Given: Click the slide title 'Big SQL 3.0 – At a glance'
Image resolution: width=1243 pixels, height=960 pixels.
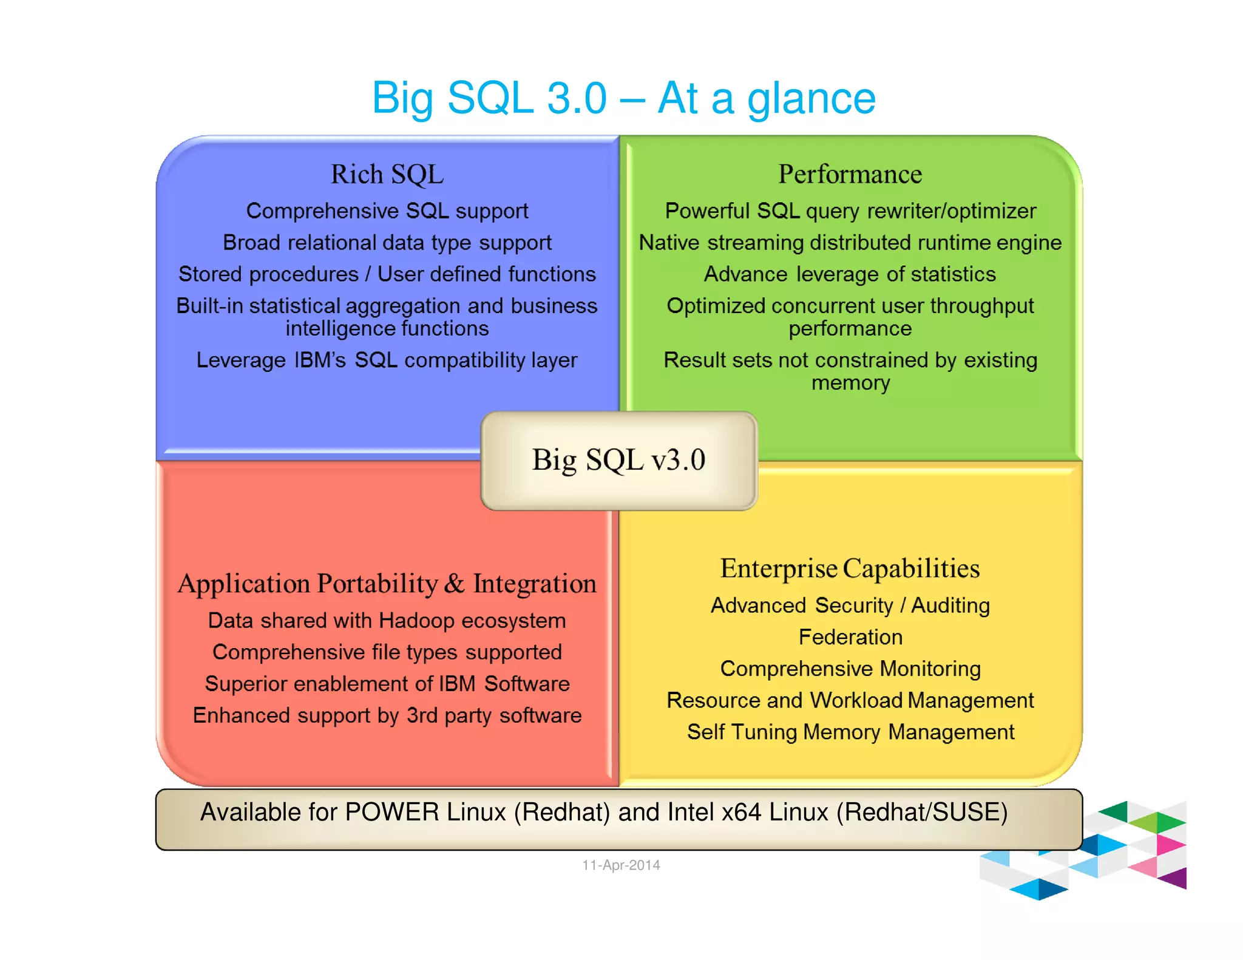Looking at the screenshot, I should coord(623,98).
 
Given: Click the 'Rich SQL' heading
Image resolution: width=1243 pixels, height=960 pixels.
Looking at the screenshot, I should coord(387,174).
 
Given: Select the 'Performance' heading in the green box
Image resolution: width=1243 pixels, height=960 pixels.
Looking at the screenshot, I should coord(850,174).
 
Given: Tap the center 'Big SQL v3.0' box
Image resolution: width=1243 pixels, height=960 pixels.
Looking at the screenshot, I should coord(618,460).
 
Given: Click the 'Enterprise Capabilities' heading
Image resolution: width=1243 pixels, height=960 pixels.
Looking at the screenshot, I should coord(850,569).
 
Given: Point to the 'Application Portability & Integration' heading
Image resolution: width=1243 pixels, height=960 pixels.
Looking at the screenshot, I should coord(387,584).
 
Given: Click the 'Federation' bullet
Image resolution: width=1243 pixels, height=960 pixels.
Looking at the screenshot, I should coord(850,637).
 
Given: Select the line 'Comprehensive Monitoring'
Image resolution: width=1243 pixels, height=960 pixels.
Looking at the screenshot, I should coord(850,669).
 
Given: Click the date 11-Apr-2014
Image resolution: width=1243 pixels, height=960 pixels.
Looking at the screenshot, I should coord(621,865).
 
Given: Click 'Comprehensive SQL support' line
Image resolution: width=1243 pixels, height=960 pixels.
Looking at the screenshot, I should coord(387,211).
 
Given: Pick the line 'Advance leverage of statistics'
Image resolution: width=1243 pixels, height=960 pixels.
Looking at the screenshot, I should coord(850,274).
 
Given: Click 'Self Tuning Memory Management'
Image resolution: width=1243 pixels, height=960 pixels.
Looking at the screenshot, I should coord(850,732).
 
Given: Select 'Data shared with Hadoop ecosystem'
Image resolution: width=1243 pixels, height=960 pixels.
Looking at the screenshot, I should coord(387,621).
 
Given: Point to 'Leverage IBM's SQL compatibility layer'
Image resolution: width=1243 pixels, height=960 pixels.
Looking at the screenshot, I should coord(387,360).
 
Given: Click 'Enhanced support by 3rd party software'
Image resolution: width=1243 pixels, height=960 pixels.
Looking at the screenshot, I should coord(387,715).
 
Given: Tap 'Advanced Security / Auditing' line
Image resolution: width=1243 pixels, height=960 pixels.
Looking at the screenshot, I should coord(850,606).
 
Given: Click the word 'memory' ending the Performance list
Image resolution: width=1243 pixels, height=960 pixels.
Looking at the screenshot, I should coord(850,384).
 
